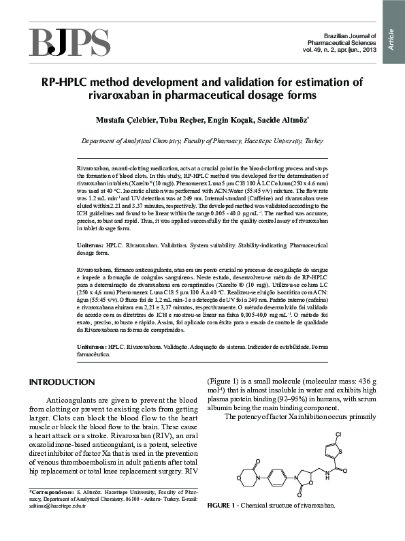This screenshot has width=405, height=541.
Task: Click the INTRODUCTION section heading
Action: [x=62, y=382]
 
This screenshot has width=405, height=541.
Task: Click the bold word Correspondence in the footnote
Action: [x=51, y=491]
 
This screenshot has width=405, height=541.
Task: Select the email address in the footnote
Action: [x=57, y=506]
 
